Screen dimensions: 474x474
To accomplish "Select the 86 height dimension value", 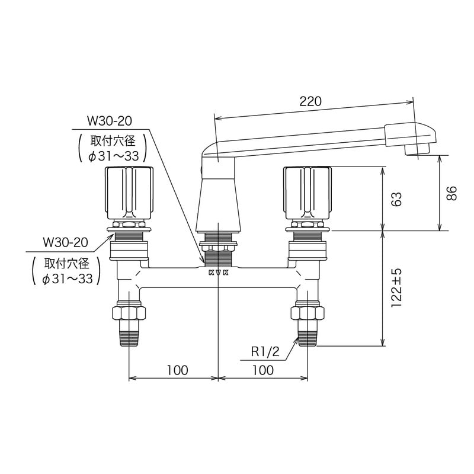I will pos(452,193).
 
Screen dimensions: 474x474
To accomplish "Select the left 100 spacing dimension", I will pos(177,370).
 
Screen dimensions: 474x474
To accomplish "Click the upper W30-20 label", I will pos(110,121).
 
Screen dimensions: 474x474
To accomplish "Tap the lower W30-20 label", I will pos(66,242).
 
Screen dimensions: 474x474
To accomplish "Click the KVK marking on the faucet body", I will pos(219,273).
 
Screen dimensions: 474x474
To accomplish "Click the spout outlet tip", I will pos(418,150).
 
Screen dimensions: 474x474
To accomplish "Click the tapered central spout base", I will pos(219,204).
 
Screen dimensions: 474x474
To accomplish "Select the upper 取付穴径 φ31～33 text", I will pos(112,148).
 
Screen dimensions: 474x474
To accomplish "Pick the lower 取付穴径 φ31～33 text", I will pos(68,271).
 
